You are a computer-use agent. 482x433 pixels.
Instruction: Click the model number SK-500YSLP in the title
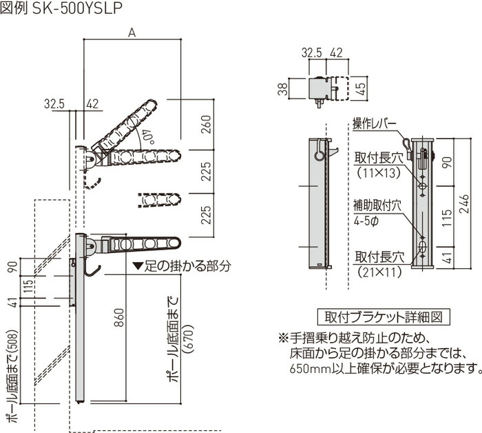pos(77,8)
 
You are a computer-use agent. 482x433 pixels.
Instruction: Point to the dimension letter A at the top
pos(132,32)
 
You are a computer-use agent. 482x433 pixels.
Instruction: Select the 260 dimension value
pos(207,124)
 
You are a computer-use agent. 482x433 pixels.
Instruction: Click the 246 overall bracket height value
pos(465,203)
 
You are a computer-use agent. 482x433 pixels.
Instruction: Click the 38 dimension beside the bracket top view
pos(284,89)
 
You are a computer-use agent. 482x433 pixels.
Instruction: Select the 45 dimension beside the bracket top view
pos(361,88)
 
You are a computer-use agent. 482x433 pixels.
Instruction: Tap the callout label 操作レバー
pos(375,124)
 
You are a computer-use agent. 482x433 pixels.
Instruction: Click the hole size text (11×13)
pos(379,173)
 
